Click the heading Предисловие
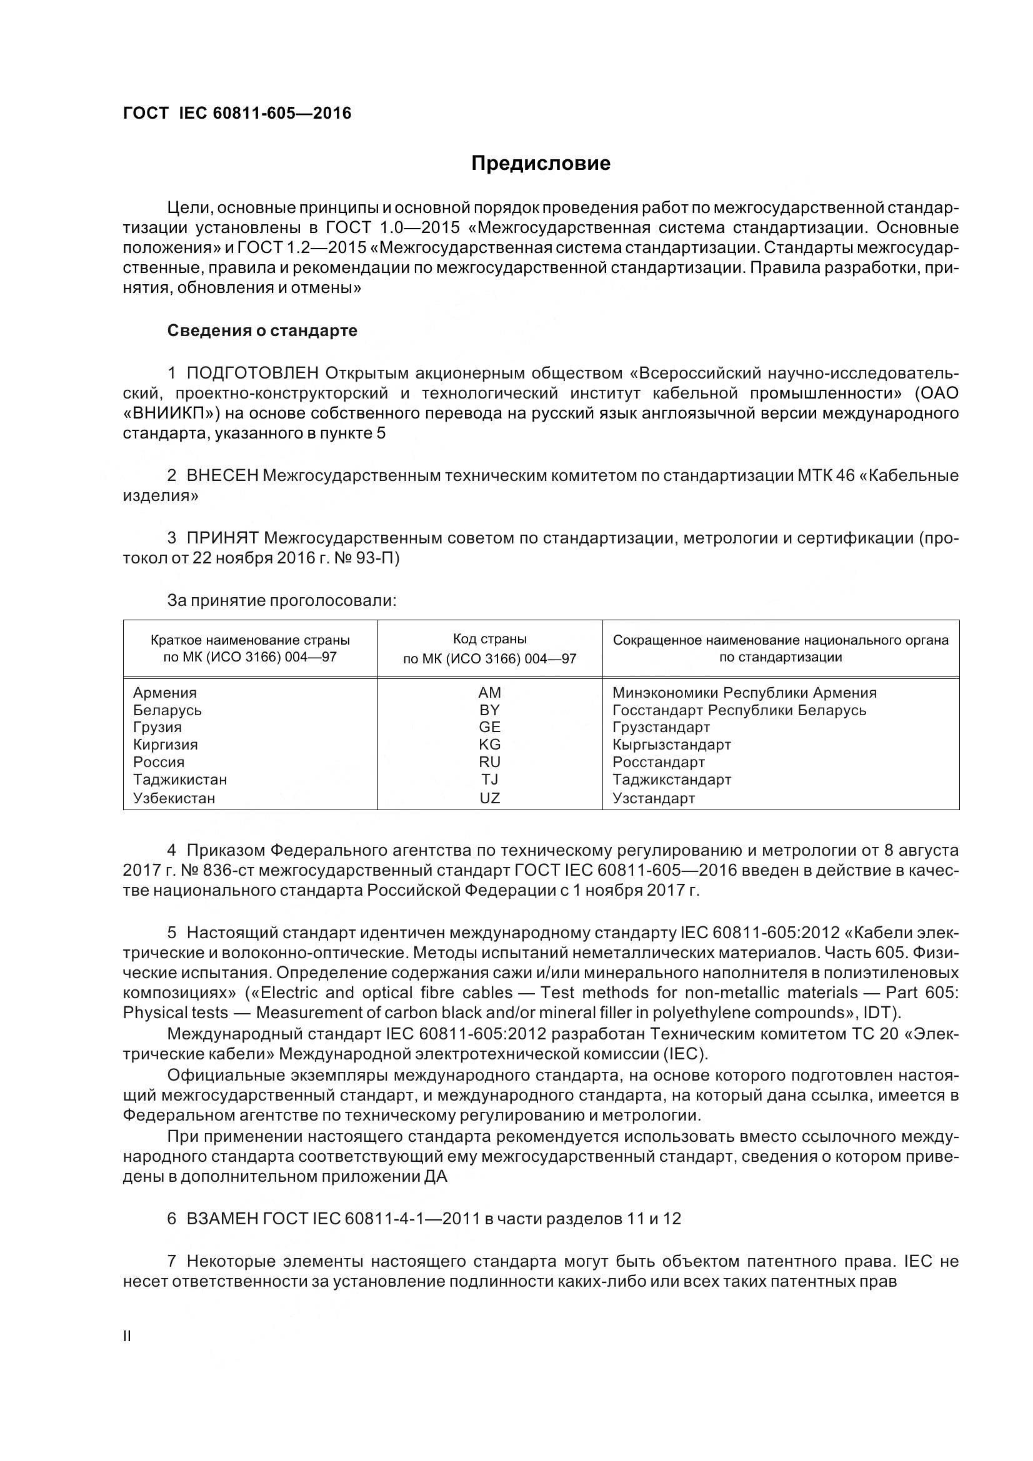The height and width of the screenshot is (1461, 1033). pyautogui.click(x=541, y=164)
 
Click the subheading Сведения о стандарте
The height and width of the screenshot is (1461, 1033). pyautogui.click(x=262, y=331)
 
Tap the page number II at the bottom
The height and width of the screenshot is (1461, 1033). pyautogui.click(x=127, y=1337)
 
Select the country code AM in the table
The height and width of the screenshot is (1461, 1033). pyautogui.click(x=489, y=693)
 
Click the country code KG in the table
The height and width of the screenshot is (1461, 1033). pyautogui.click(x=489, y=745)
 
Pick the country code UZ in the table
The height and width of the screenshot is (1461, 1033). pyautogui.click(x=489, y=798)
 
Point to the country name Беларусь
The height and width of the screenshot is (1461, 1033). pyautogui.click(x=167, y=710)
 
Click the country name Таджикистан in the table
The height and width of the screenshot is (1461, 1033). pyautogui.click(x=180, y=780)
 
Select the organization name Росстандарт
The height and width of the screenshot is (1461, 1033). pyautogui.click(x=659, y=762)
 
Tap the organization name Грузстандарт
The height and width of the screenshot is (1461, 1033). pyautogui.click(x=661, y=727)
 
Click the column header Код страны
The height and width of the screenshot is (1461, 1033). pyautogui.click(x=489, y=639)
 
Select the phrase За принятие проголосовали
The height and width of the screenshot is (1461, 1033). pyautogui.click(x=281, y=601)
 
